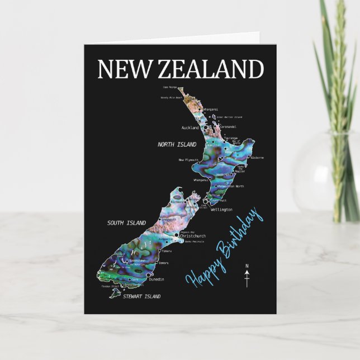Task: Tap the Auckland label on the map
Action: tap(190, 127)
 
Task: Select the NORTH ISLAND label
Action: tap(177, 144)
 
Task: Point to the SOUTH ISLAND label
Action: tap(126, 222)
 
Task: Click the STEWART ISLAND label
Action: tap(142, 296)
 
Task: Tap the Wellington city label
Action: tap(221, 209)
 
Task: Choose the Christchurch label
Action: tap(193, 236)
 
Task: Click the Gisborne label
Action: tap(256, 158)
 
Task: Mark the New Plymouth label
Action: tap(189, 160)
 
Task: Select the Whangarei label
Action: tap(210, 108)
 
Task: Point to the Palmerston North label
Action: tap(231, 186)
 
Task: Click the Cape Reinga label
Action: tap(169, 87)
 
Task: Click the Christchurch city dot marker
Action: tap(177, 236)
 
